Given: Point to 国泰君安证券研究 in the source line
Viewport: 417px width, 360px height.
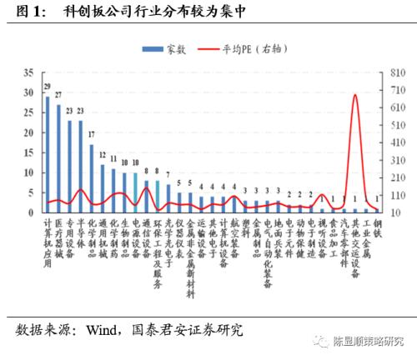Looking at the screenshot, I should (x=185, y=330).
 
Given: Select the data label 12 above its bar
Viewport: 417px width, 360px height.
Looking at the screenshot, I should (x=102, y=156).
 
